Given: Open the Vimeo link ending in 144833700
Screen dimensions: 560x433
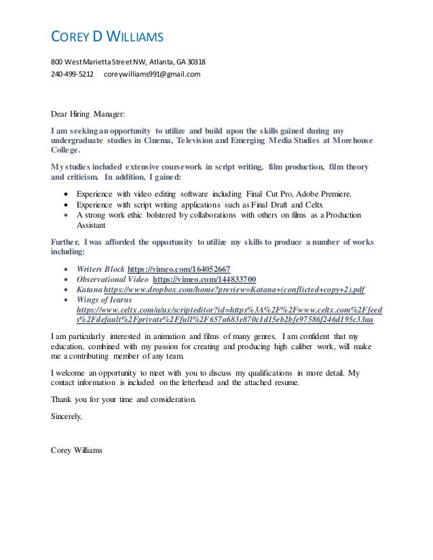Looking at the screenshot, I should (x=204, y=279).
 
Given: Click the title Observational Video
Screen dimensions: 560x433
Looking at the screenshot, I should (x=113, y=279).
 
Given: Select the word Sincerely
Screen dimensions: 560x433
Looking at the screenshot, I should (x=67, y=417).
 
